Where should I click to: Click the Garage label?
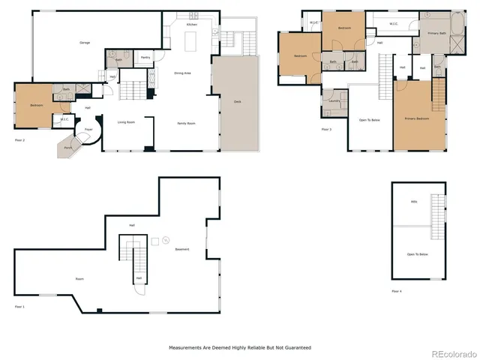pyautogui.click(x=85, y=43)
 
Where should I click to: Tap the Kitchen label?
pyautogui.click(x=192, y=25)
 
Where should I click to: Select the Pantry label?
pyautogui.click(x=145, y=57)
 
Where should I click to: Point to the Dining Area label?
pyautogui.click(x=183, y=73)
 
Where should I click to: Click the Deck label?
pyautogui.click(x=238, y=101)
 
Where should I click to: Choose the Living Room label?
pyautogui.click(x=125, y=121)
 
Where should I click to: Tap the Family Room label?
pyautogui.click(x=186, y=123)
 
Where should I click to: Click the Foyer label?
pyautogui.click(x=88, y=130)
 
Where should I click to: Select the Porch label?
pyautogui.click(x=68, y=148)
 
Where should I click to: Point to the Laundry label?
pyautogui.click(x=334, y=100)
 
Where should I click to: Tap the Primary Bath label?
pyautogui.click(x=436, y=34)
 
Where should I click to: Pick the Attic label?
pyautogui.click(x=414, y=202)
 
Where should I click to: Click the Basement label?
pyautogui.click(x=182, y=249)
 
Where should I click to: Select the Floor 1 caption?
pyautogui.click(x=19, y=307)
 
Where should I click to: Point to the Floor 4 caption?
pyautogui.click(x=396, y=291)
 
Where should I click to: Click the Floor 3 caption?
pyautogui.click(x=326, y=130)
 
